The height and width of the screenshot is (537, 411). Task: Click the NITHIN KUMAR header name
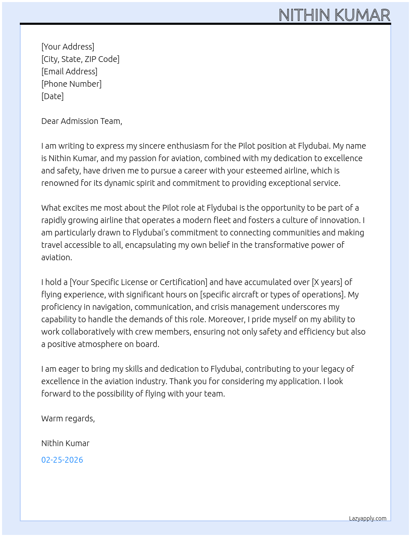[334, 15]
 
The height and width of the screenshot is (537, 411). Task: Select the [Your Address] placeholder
[68, 47]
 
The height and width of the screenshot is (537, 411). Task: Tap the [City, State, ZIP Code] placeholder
[80, 59]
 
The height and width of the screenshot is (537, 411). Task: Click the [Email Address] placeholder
[69, 71]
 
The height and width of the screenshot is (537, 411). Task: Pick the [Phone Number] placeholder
[71, 84]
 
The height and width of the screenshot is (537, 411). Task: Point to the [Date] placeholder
[52, 96]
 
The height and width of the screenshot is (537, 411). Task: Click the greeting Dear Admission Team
[81, 121]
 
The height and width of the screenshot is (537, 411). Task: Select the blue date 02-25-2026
[62, 460]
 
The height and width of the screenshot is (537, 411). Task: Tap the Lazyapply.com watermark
[368, 518]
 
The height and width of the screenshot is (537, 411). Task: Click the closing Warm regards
[68, 418]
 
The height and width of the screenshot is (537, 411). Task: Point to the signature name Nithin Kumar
[65, 443]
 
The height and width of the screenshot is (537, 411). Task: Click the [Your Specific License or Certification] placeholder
[139, 282]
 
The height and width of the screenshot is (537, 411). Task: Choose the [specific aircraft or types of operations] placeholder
[272, 295]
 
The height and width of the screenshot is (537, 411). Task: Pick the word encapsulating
[151, 245]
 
